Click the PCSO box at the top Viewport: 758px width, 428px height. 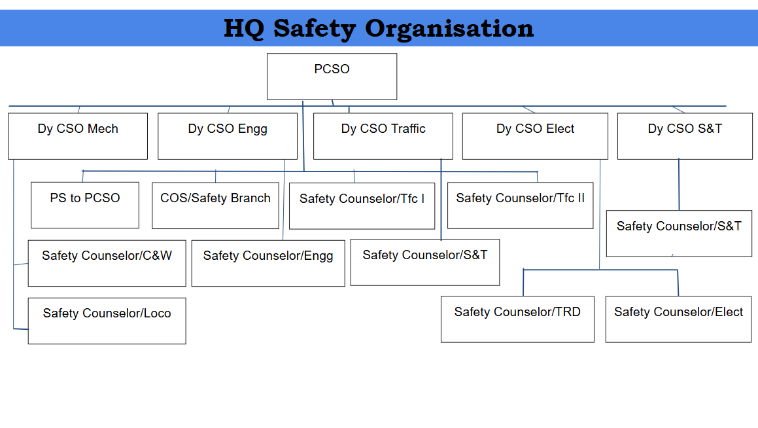tap(332, 77)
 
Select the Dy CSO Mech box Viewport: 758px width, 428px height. tap(78, 136)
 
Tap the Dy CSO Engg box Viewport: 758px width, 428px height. tap(228, 136)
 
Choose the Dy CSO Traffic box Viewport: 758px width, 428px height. tap(383, 136)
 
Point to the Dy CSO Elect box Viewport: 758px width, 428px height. tap(535, 136)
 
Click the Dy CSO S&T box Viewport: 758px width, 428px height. tap(685, 136)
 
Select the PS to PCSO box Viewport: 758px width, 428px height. tap(85, 205)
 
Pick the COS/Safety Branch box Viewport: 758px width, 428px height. tap(216, 205)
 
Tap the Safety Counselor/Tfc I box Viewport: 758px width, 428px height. tap(362, 206)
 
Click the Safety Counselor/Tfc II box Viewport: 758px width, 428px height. tap(521, 205)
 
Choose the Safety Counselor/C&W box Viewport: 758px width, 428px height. tap(107, 264)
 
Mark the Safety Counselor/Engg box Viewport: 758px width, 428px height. tap(268, 264)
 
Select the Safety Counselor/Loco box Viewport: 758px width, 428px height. tap(107, 321)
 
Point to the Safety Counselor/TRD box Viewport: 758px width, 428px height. tap(518, 319)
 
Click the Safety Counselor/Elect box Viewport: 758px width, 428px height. tap(679, 319)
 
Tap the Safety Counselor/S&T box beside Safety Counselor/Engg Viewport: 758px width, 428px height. tap(425, 262)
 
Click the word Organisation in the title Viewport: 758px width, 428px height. tap(449, 29)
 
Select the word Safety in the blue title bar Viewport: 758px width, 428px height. tap(315, 29)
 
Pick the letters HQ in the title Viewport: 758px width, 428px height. tap(244, 29)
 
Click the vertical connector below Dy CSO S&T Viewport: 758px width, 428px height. tap(679, 185)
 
